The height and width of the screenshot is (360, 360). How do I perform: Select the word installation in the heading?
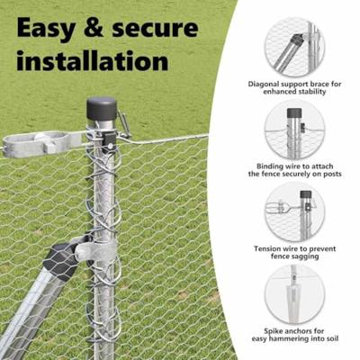(x=93, y=60)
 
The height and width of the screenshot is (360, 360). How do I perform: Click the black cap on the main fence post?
(x=102, y=109)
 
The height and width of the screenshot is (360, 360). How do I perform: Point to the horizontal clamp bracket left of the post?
(x=40, y=143)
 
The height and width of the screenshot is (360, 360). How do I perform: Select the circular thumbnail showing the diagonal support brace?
(x=294, y=46)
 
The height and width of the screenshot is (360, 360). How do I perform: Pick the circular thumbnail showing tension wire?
(x=294, y=213)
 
